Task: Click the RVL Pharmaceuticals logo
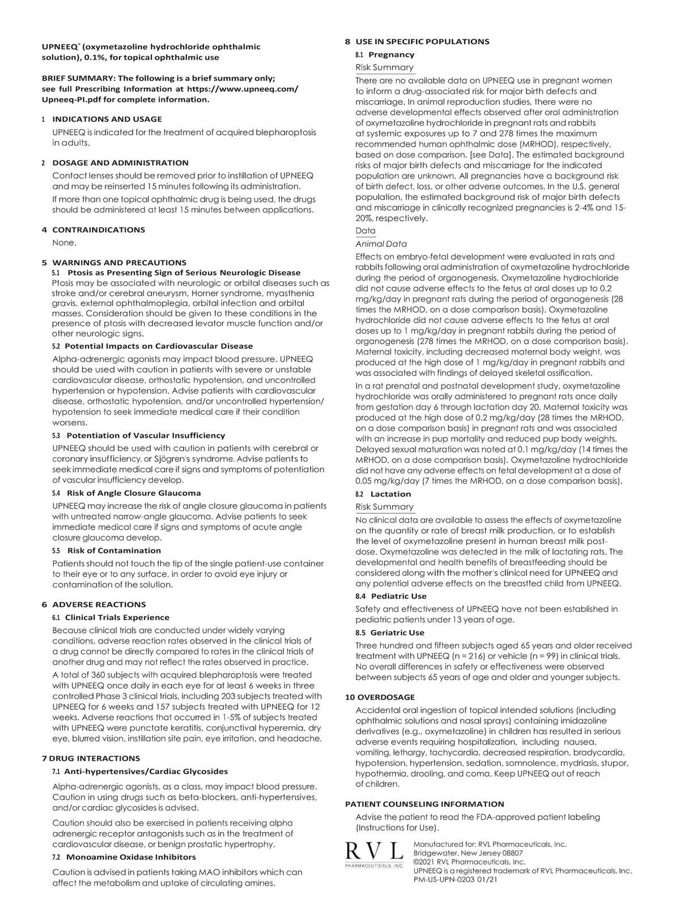point(375,854)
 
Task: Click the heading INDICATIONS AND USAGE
point(107,119)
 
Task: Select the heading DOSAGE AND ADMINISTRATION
point(120,163)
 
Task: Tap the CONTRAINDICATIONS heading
point(98,229)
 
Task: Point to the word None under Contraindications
point(64,242)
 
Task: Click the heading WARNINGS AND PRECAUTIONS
point(119,262)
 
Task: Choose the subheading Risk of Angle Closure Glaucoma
point(133,493)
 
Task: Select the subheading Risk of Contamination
point(114,550)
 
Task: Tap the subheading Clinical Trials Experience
point(117,617)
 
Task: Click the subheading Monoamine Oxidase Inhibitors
point(131,857)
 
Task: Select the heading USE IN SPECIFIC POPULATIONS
point(422,41)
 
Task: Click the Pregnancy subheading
point(391,54)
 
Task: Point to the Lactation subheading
point(390,493)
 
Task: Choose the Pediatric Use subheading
point(398,596)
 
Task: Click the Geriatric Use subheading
point(397,632)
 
